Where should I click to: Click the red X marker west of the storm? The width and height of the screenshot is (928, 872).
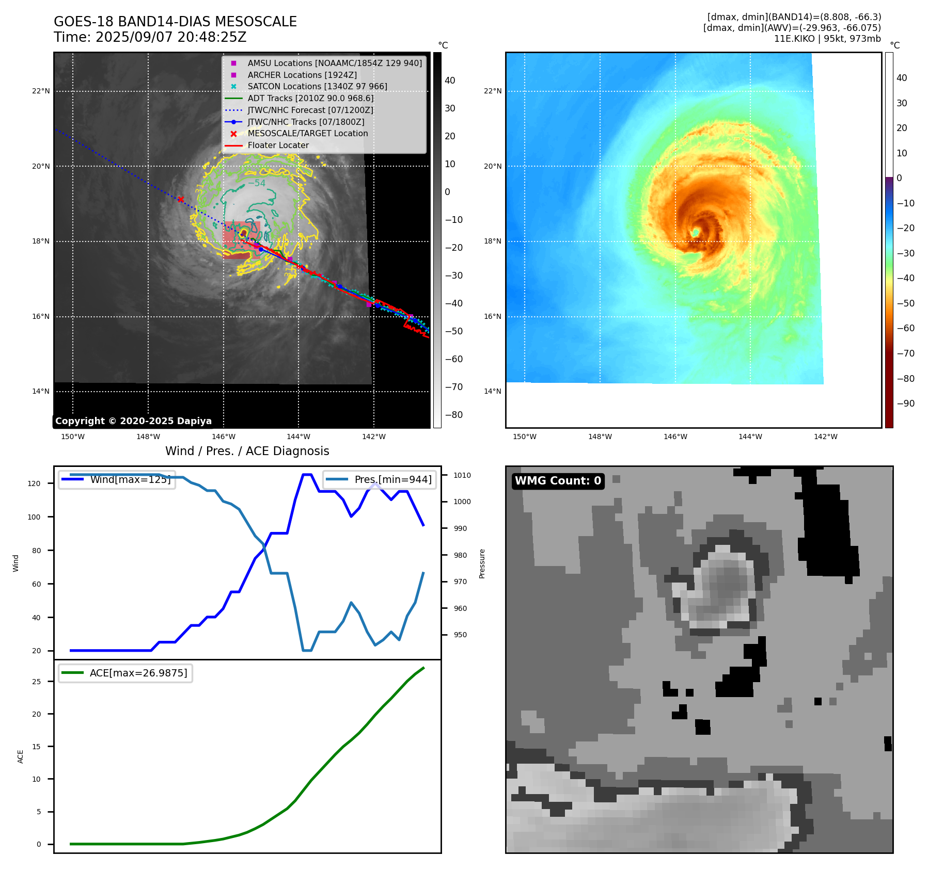point(181,199)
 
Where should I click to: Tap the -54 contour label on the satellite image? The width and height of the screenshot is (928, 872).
point(257,183)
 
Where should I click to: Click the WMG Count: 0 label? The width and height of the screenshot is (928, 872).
point(558,481)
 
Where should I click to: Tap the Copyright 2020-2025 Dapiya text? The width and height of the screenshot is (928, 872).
point(133,421)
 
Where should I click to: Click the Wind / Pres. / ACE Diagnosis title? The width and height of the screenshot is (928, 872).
point(247,451)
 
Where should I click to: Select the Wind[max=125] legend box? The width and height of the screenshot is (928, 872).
point(117,479)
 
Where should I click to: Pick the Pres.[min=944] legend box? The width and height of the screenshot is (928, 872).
point(380,479)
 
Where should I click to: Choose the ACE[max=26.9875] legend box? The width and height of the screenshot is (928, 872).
point(125,673)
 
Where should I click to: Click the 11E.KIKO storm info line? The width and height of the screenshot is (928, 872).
point(827,39)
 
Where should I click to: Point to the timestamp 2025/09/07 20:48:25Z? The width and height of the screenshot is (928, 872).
point(171,38)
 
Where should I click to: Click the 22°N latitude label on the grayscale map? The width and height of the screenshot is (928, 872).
point(41,91)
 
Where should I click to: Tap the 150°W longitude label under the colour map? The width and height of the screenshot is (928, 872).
point(524,437)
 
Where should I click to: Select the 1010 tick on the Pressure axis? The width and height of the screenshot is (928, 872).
point(462,475)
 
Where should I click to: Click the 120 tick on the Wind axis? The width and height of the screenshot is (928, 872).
point(34,483)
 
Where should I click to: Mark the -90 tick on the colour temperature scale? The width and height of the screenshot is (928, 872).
point(905,403)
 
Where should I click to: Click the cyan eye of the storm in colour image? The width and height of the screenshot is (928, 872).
point(696,233)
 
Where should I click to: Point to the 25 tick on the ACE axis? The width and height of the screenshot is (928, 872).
point(36,682)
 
